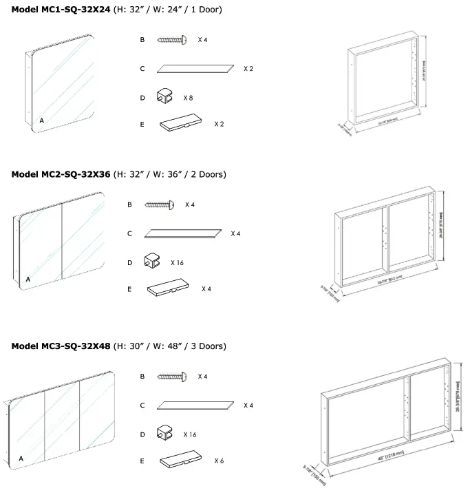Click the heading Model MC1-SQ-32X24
pyautogui.click(x=61, y=10)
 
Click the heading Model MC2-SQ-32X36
pyautogui.click(x=61, y=174)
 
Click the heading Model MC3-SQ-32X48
pyautogui.click(x=61, y=346)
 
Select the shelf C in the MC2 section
pyautogui.click(x=184, y=234)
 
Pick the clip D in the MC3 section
pyautogui.click(x=167, y=434)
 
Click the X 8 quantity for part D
pyautogui.click(x=188, y=98)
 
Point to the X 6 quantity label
pyautogui.click(x=220, y=461)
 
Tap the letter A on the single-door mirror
pyautogui.click(x=41, y=120)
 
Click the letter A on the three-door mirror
pyautogui.click(x=21, y=458)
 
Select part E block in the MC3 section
pyautogui.click(x=180, y=461)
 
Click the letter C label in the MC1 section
pyautogui.click(x=142, y=69)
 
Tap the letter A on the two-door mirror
pyautogui.click(x=28, y=280)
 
